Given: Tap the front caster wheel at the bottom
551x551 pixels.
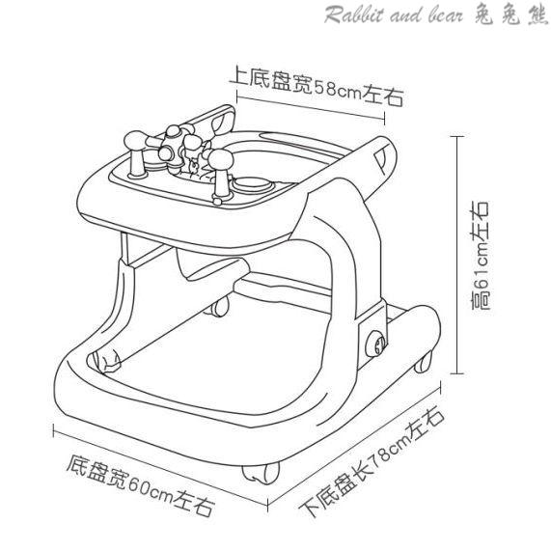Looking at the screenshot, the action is pyautogui.click(x=261, y=474).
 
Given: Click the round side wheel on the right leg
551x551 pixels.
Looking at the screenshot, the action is pyautogui.click(x=376, y=344).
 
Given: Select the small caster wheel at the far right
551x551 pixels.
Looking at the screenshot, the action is pyautogui.click(x=423, y=362).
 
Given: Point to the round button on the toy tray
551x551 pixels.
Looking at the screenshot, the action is pyautogui.click(x=249, y=183).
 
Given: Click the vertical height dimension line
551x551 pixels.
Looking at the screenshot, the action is pyautogui.click(x=456, y=255).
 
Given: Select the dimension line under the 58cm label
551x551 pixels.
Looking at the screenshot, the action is pyautogui.click(x=311, y=108).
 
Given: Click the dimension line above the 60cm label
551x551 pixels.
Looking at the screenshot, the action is pyautogui.click(x=160, y=467).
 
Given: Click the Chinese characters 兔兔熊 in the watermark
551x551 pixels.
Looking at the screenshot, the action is pyautogui.click(x=510, y=14).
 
